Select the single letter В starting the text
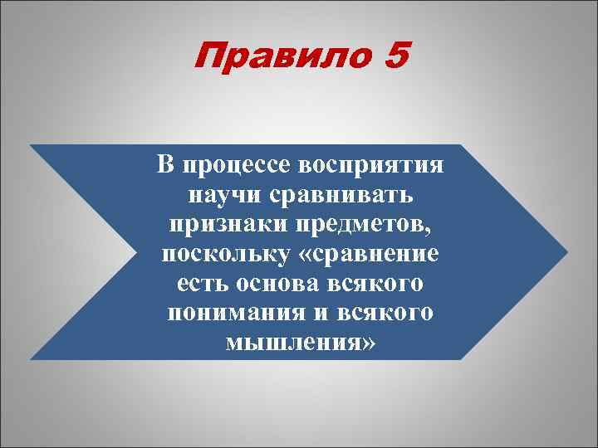(166, 164)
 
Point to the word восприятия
(370, 164)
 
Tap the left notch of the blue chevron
(133, 251)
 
